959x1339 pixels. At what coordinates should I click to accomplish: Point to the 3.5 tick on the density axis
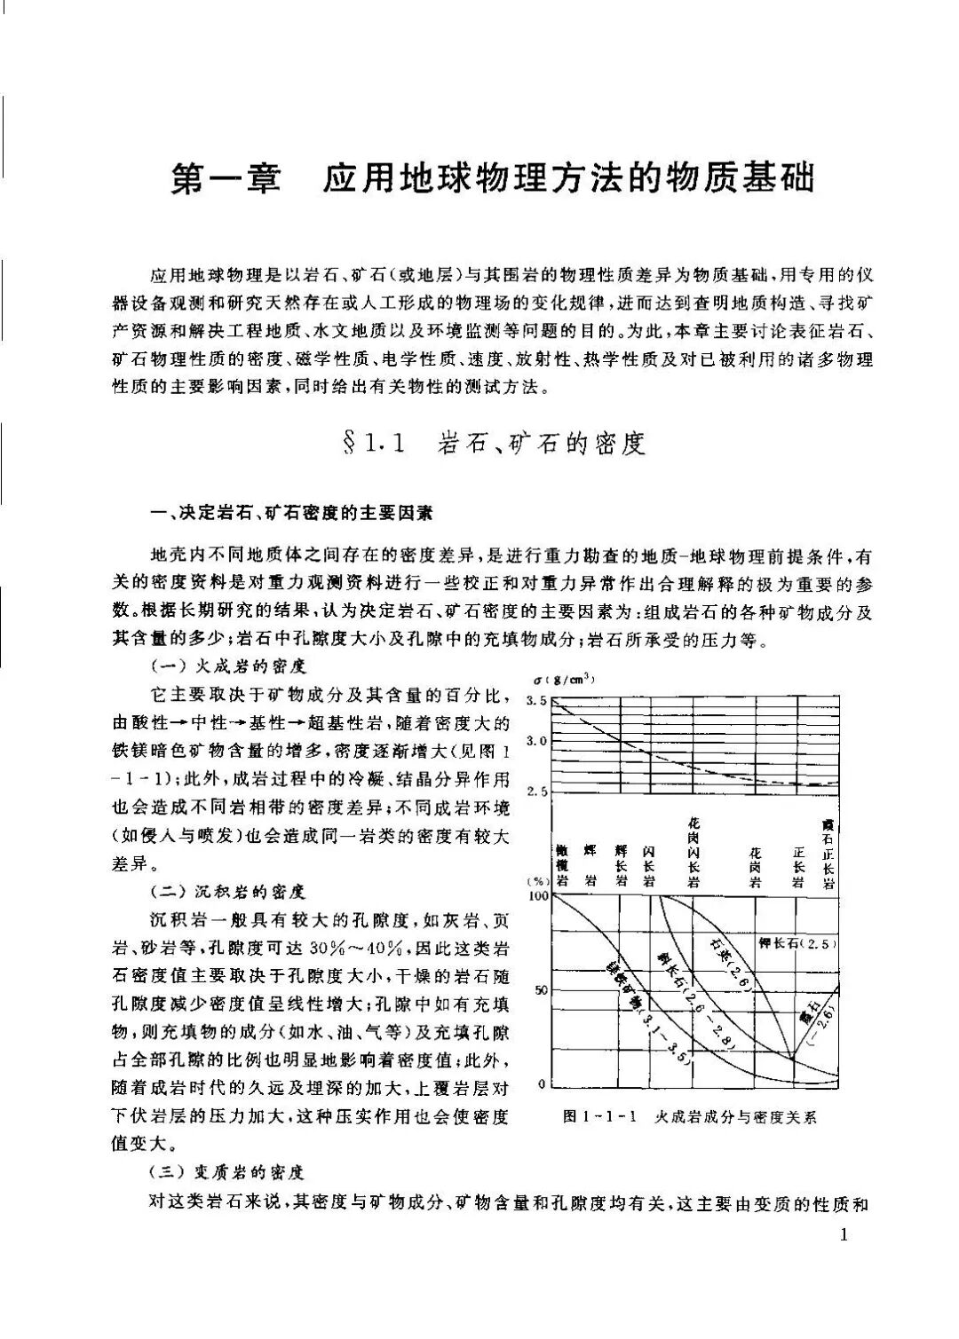pyautogui.click(x=537, y=702)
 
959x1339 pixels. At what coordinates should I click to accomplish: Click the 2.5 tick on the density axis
pyautogui.click(x=537, y=791)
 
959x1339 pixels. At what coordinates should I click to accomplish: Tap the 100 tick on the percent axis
pyautogui.click(x=539, y=896)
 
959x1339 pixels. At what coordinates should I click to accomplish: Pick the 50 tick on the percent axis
pyautogui.click(x=542, y=990)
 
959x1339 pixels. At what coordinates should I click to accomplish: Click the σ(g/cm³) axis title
pyautogui.click(x=564, y=681)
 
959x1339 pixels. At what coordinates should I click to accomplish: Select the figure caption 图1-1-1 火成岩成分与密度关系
pyautogui.click(x=689, y=1117)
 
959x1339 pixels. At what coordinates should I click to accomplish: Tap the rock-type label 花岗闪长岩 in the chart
pyautogui.click(x=693, y=852)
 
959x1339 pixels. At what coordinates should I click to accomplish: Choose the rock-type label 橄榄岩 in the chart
pyautogui.click(x=562, y=866)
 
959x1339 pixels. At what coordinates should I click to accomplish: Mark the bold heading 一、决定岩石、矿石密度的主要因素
pyautogui.click(x=293, y=512)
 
